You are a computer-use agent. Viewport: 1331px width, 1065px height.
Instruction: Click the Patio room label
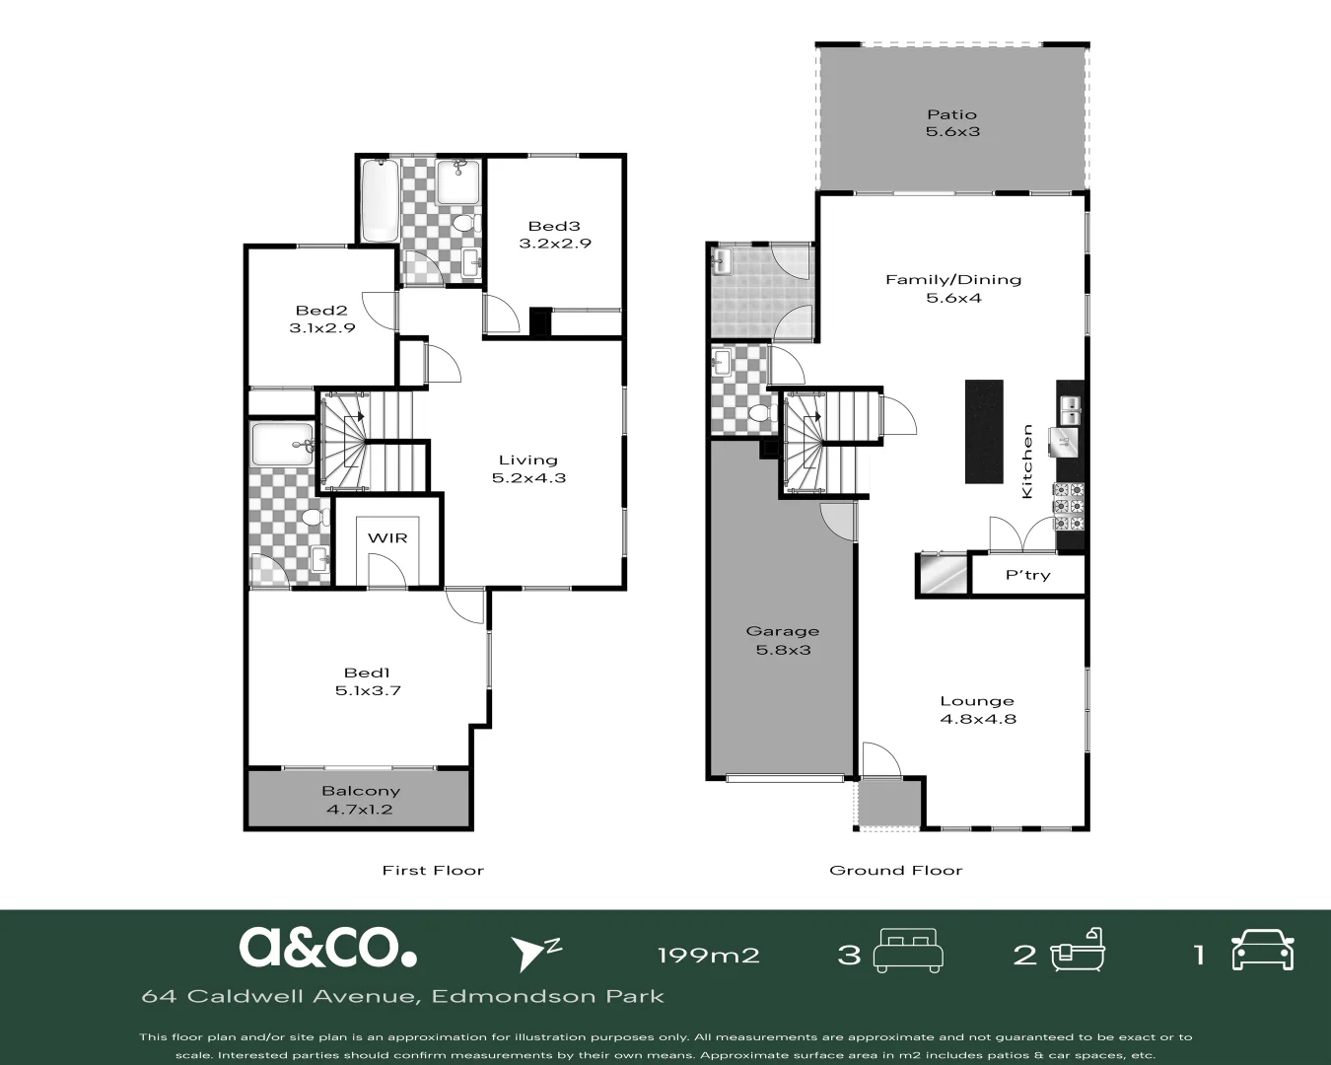pyautogui.click(x=951, y=114)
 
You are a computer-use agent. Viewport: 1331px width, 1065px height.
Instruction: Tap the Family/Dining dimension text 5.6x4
pyautogui.click(x=953, y=298)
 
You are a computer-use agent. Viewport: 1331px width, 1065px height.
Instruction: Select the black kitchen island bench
pyautogui.click(x=983, y=431)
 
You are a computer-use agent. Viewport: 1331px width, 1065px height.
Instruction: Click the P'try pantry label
pyautogui.click(x=1027, y=575)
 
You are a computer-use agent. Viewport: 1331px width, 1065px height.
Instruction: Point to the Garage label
pyautogui.click(x=782, y=631)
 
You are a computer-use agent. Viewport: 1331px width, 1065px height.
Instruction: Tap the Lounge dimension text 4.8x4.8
pyautogui.click(x=977, y=719)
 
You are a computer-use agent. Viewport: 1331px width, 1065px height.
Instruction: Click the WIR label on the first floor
pyautogui.click(x=387, y=537)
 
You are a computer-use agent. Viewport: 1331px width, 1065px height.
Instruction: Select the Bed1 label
pyautogui.click(x=367, y=673)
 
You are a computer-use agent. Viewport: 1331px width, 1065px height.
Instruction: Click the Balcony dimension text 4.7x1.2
pyautogui.click(x=360, y=810)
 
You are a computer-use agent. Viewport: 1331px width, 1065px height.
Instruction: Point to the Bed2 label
pyautogui.click(x=321, y=311)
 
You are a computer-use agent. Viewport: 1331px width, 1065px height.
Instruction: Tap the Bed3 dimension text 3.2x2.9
pyautogui.click(x=555, y=244)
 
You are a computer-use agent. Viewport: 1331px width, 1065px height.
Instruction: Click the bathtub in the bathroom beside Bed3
pyautogui.click(x=379, y=200)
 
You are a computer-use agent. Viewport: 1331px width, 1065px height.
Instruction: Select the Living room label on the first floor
pyautogui.click(x=527, y=460)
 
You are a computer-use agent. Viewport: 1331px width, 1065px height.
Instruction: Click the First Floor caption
pyautogui.click(x=433, y=870)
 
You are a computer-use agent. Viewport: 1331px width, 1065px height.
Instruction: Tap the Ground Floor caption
pyautogui.click(x=895, y=870)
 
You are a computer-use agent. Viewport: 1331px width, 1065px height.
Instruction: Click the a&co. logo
pyautogui.click(x=327, y=947)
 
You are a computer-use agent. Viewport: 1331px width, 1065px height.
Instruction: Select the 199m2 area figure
pyautogui.click(x=708, y=955)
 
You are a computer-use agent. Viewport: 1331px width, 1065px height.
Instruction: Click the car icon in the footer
pyautogui.click(x=1262, y=951)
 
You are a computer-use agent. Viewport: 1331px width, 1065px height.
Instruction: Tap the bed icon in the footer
pyautogui.click(x=909, y=951)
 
